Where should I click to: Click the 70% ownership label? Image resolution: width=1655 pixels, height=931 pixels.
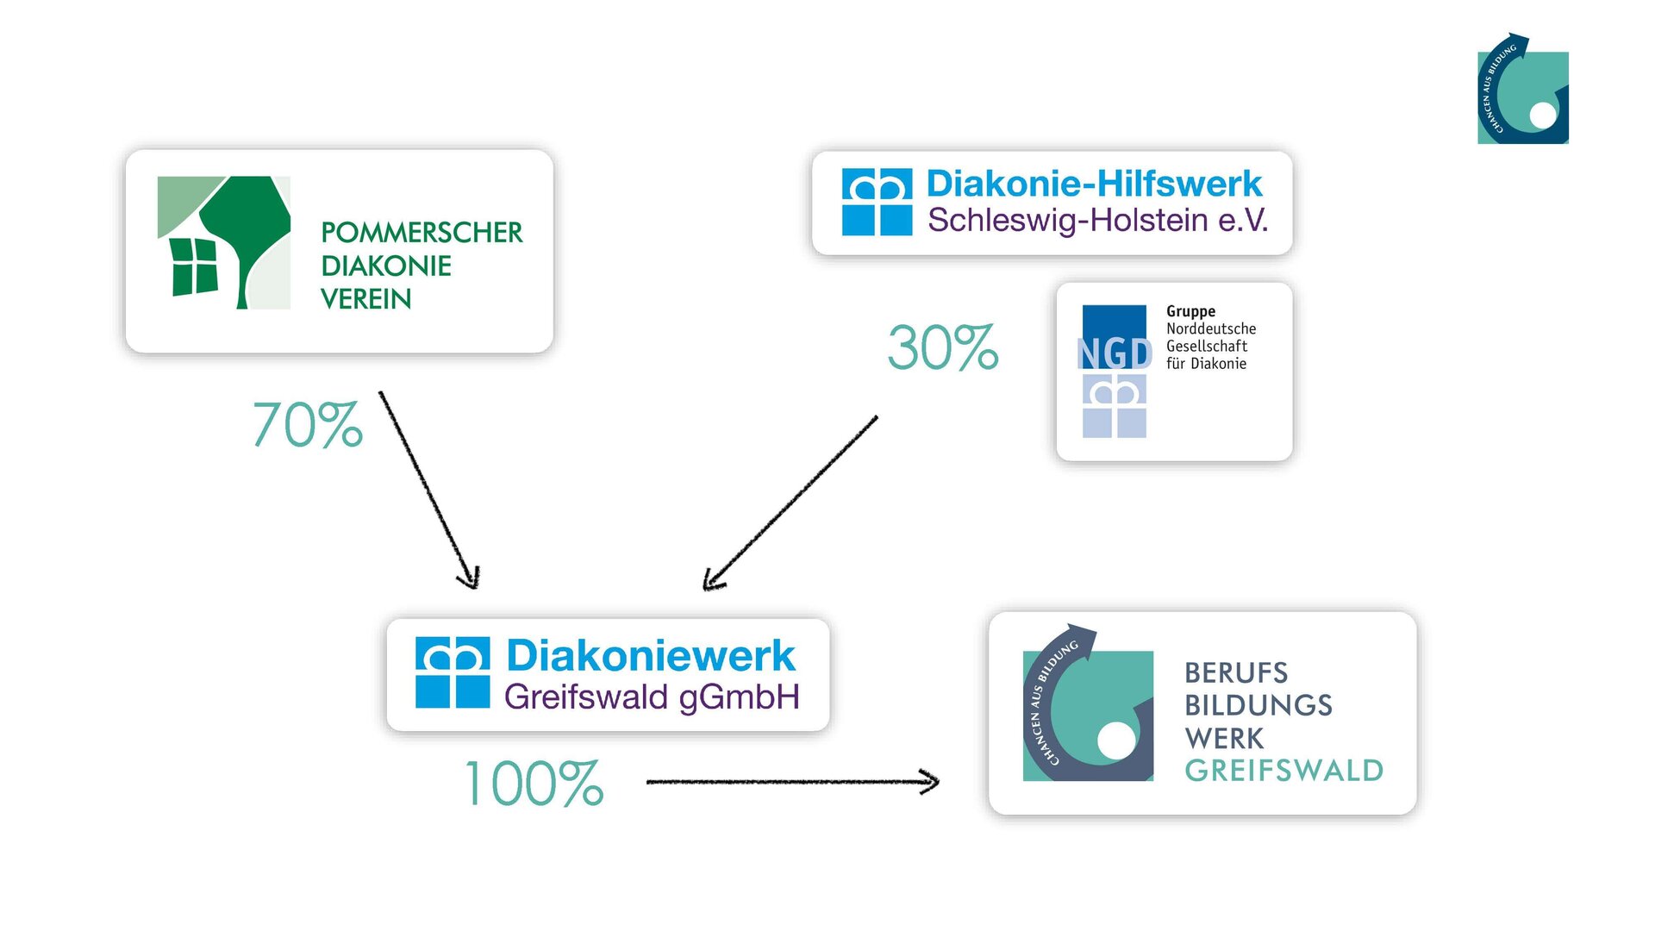tap(308, 425)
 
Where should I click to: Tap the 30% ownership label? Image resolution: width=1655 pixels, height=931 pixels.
tap(943, 348)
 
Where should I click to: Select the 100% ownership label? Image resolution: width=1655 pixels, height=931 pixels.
tap(534, 784)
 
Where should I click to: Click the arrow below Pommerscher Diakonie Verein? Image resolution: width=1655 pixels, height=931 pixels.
tap(428, 489)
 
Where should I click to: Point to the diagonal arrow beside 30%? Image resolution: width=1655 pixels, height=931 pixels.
tap(790, 503)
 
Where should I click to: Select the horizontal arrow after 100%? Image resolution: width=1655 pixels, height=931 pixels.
tap(791, 782)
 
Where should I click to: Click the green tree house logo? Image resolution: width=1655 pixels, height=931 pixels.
tap(224, 243)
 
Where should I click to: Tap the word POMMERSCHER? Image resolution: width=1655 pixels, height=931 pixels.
tap(422, 233)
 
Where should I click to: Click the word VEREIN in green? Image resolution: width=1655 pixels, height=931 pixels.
tap(365, 299)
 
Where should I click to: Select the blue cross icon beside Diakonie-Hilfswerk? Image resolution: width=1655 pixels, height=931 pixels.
tap(877, 203)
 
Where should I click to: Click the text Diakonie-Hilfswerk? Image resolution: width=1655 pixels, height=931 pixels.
tap(1094, 184)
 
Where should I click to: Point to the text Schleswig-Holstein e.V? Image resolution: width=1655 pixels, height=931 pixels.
tap(1097, 221)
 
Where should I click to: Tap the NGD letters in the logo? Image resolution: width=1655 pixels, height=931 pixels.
tap(1115, 353)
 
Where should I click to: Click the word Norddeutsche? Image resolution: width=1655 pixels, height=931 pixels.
tap(1211, 328)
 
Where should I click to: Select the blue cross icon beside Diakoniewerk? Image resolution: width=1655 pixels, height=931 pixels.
tap(453, 672)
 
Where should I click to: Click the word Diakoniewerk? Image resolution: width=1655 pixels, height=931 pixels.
tap(651, 656)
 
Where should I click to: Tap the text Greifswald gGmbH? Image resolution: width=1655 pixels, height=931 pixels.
tap(652, 697)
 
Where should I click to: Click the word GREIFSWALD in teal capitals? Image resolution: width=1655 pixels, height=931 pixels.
tap(1283, 771)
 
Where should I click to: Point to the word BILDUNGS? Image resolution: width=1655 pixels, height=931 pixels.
tap(1258, 705)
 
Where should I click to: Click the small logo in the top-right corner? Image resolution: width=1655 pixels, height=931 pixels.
tap(1523, 90)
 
